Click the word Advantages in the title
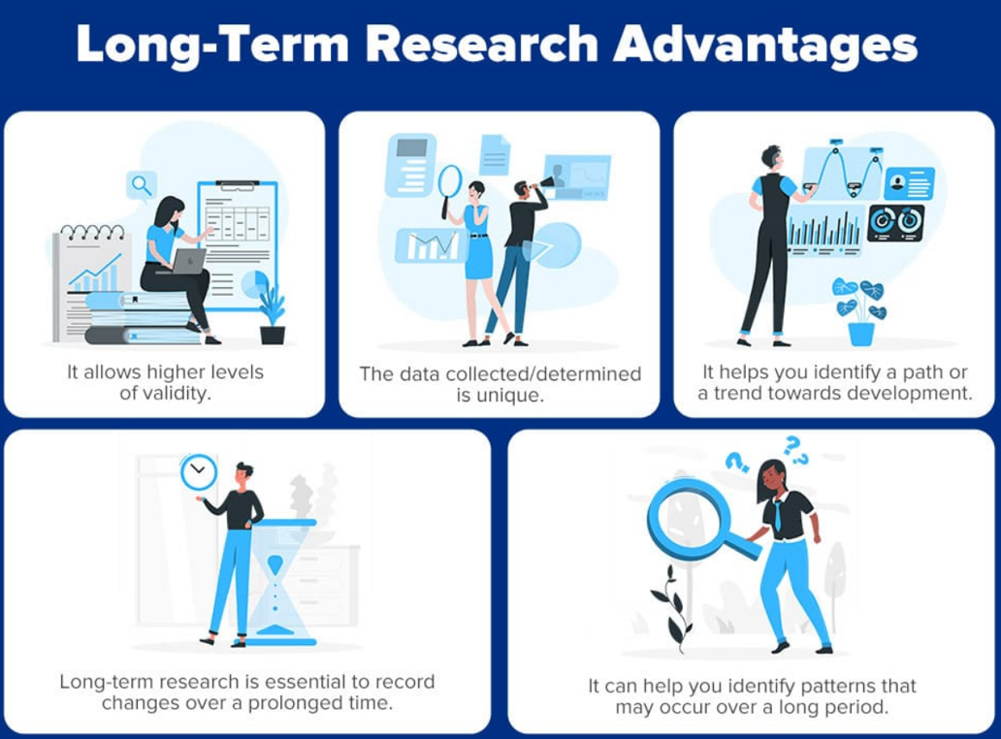pyautogui.click(x=764, y=46)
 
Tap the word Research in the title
pyautogui.click(x=482, y=44)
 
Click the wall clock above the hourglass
pyautogui.click(x=199, y=472)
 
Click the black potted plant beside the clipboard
pyautogui.click(x=273, y=315)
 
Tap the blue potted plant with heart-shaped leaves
pyautogui.click(x=860, y=311)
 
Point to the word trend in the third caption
pyautogui.click(x=738, y=393)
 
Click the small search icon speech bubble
pyautogui.click(x=142, y=186)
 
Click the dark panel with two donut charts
pyautogui.click(x=895, y=222)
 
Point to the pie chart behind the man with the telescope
pyautogui.click(x=553, y=245)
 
